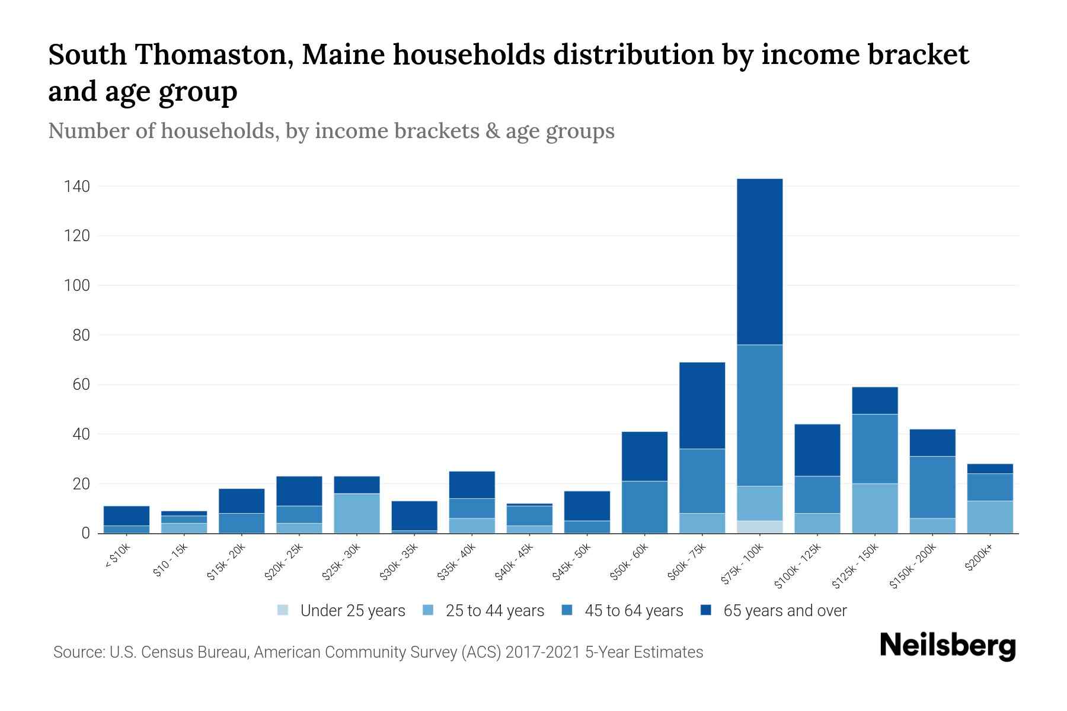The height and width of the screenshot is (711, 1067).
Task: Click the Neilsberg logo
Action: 947,646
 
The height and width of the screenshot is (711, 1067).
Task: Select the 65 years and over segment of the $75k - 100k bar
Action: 759,261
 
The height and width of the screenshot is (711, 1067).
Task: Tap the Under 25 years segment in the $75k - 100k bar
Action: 759,527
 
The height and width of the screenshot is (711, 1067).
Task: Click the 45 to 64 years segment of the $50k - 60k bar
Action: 644,507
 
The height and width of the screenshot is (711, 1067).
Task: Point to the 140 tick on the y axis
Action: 77,187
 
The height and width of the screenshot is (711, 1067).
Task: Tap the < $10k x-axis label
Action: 117,558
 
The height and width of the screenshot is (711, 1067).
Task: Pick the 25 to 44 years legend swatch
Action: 429,610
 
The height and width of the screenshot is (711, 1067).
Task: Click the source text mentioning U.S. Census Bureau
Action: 378,652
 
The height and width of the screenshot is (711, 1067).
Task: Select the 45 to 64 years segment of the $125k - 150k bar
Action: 874,449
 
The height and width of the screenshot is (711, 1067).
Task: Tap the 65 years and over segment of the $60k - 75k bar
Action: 702,405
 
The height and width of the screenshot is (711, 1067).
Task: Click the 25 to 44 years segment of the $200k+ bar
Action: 989,517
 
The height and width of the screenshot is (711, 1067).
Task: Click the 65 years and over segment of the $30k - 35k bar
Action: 414,515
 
